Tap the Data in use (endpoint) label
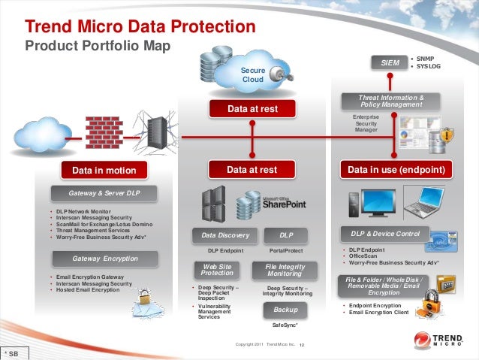pos(396,171)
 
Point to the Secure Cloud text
pos(253,74)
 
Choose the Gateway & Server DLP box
pos(104,194)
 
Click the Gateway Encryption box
pos(104,259)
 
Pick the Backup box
pos(285,309)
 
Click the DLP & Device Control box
pos(385,234)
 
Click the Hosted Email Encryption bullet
pos(85,289)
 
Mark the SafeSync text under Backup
pos(285,325)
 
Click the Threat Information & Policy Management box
pos(392,101)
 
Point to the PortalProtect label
pos(285,250)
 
